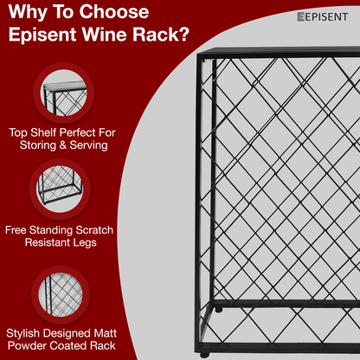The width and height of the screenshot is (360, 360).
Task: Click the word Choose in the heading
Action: [x=114, y=12]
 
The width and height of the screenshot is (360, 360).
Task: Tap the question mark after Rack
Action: [x=183, y=35]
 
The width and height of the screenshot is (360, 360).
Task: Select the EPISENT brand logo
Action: [x=323, y=16]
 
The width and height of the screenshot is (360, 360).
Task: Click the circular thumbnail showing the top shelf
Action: [x=64, y=93]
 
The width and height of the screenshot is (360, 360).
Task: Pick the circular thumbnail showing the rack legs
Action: [x=60, y=190]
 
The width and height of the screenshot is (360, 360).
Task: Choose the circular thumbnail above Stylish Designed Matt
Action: [x=61, y=295]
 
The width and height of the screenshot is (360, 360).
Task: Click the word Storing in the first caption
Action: [x=38, y=145]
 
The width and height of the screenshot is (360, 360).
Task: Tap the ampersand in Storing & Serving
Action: [x=63, y=145]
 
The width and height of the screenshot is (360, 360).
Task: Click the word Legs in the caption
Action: [x=85, y=242]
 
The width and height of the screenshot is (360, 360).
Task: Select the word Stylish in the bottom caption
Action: [x=22, y=333]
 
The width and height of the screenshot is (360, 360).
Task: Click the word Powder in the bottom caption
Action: [x=27, y=345]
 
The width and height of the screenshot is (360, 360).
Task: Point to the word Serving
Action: [x=88, y=145]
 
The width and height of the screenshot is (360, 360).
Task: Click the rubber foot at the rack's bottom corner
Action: [x=204, y=355]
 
